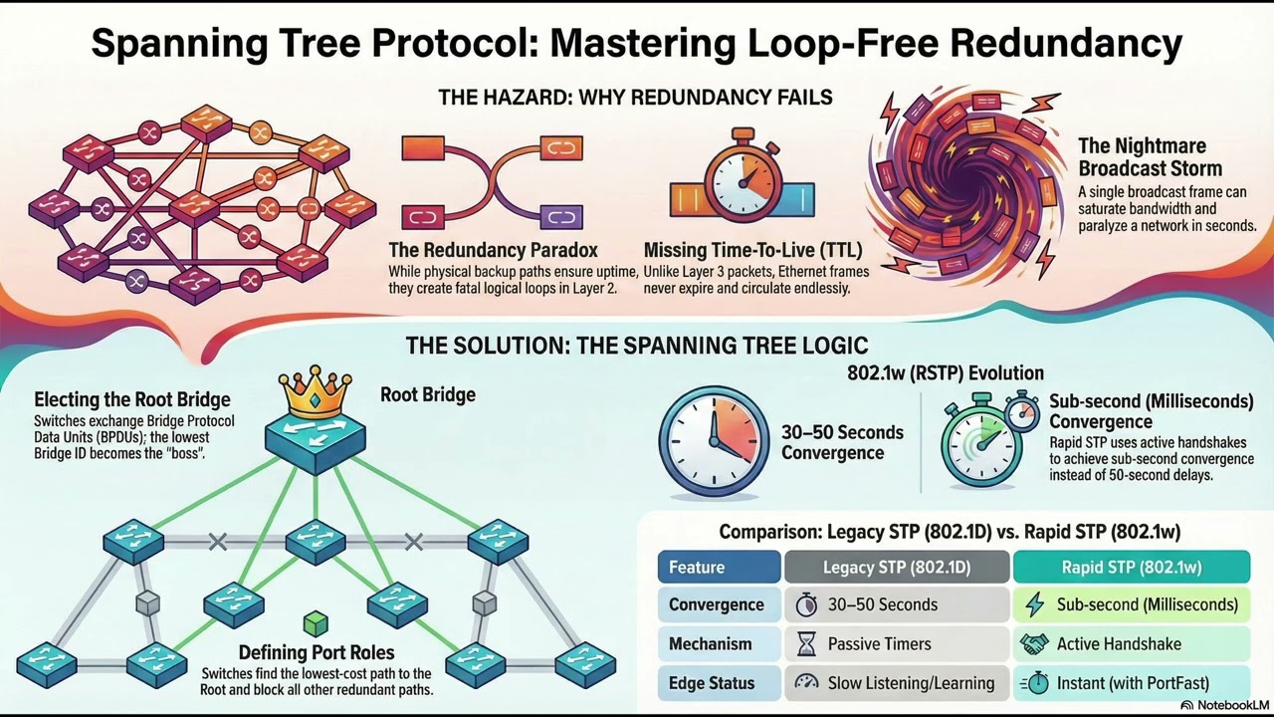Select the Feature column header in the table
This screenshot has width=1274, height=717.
719,567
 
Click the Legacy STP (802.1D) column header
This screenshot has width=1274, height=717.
896,567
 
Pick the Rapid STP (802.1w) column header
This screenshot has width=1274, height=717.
1131,567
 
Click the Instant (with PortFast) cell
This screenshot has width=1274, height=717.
1131,683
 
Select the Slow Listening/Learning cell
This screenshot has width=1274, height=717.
896,683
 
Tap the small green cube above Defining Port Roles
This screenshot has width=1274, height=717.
315,624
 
